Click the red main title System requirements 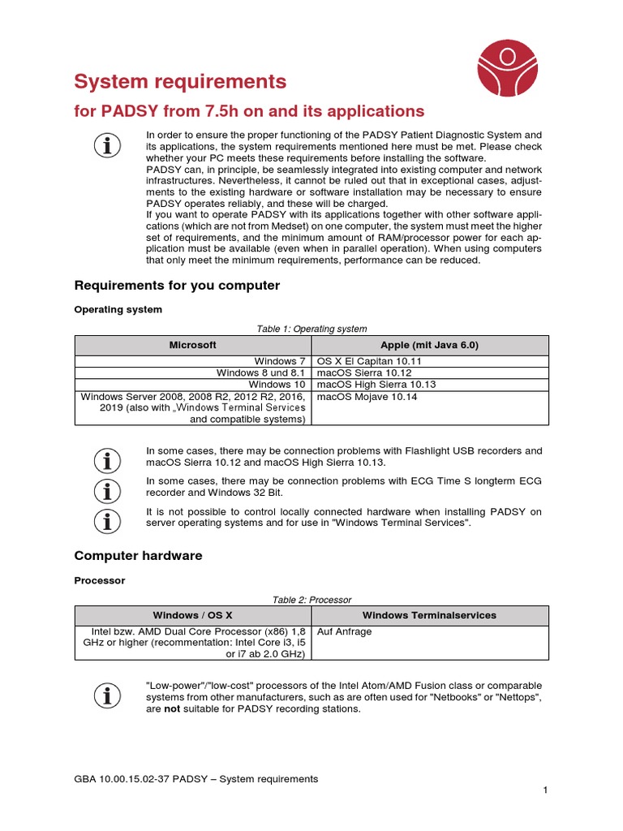tap(180, 81)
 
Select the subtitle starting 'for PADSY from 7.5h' tap(249, 110)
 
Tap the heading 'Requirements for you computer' tap(177, 286)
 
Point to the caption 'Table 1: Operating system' tap(311, 329)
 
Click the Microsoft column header tap(193, 345)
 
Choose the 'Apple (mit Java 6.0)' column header tap(430, 345)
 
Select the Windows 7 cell tap(280, 361)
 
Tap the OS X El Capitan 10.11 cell tap(369, 361)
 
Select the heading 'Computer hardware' tap(138, 556)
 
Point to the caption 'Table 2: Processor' tap(311, 600)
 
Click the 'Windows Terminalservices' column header tap(430, 615)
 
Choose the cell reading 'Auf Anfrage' tap(344, 631)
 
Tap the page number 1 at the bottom tap(546, 790)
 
